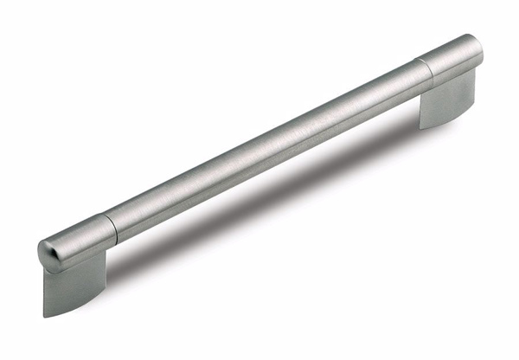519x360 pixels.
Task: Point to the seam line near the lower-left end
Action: pos(111,227)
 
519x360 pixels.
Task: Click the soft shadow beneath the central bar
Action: pos(285,186)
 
